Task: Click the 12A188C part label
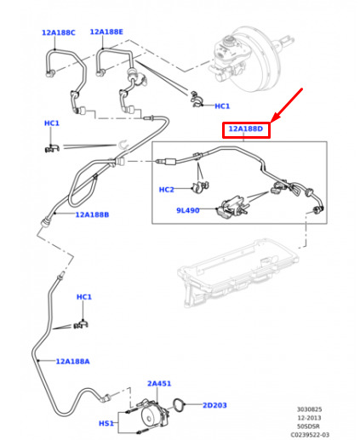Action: pos(59,32)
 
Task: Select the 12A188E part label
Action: pos(106,31)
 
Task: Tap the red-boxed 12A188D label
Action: pos(246,129)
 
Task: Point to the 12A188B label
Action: pos(92,214)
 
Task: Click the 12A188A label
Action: pos(72,362)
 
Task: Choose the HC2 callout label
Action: pos(167,190)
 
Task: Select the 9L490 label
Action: pos(188,210)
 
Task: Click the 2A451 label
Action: pos(159,384)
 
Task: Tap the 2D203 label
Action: pos(214,405)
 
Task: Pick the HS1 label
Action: pos(106,423)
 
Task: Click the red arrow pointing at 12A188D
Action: pos(287,105)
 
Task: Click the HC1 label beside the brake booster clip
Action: pos(222,106)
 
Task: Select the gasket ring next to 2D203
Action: pos(179,404)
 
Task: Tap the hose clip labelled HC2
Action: pos(201,186)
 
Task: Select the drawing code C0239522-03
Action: pos(310,435)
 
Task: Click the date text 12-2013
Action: pos(309,418)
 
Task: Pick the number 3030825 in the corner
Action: pos(309,409)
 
